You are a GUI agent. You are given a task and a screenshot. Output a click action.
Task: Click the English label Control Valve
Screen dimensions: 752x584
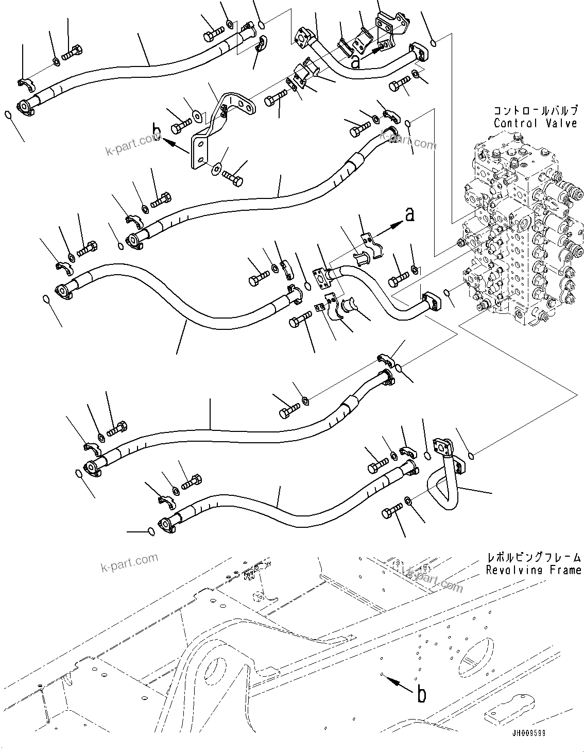[535, 123]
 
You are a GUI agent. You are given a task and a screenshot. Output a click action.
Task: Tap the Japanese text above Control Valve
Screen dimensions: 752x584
[535, 110]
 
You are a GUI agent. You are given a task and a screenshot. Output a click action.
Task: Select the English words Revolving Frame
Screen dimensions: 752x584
[534, 570]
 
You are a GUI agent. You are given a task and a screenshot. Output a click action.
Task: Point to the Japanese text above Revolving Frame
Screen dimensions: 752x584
[534, 558]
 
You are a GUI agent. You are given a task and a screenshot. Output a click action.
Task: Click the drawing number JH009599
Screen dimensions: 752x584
[529, 733]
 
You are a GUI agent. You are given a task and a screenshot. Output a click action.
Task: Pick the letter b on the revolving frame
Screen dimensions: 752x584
[421, 695]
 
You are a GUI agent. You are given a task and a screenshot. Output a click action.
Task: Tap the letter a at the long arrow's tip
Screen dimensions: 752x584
[409, 215]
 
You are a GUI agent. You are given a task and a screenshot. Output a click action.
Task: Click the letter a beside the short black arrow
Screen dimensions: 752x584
[355, 62]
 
